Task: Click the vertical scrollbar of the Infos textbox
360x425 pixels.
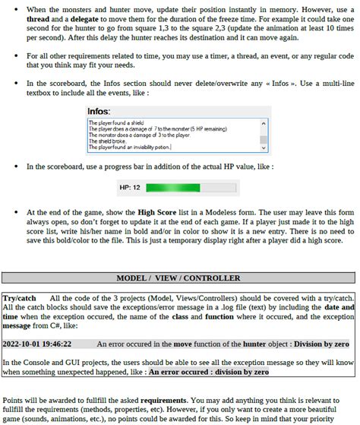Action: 264,134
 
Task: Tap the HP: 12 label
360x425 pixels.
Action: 129,187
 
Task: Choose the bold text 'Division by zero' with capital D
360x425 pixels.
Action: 323,344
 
